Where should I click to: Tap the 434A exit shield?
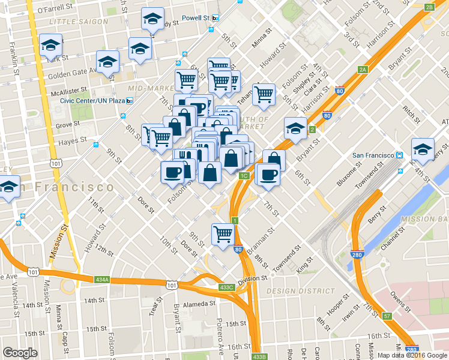coord(102,279)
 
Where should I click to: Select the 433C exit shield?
coord(226,287)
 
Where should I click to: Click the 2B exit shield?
coord(429,7)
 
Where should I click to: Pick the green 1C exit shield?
coord(243,176)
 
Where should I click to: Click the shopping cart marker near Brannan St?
coord(223,233)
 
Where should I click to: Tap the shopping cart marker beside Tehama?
coord(264,94)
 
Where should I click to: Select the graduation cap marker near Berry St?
coord(423,148)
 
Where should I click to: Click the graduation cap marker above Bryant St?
coord(295,128)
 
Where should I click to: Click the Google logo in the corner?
coord(20,353)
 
